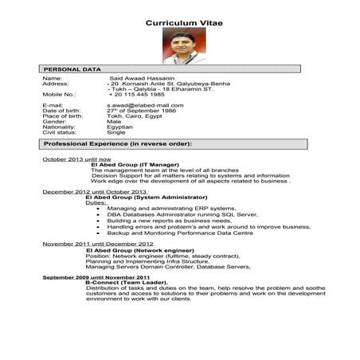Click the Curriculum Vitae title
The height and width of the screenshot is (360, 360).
[184, 23]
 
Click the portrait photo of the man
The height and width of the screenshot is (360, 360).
[181, 46]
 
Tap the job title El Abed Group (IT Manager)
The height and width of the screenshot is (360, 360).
[133, 165]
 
